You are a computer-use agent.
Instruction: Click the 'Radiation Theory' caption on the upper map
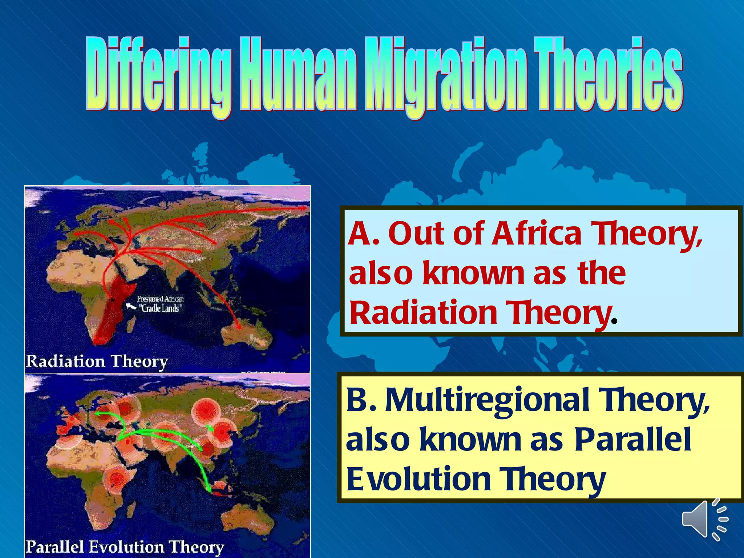(97, 361)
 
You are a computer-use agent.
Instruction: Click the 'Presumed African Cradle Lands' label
(160, 304)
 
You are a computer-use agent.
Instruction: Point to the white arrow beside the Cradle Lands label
(130, 307)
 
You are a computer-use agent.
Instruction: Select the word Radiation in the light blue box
(423, 313)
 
